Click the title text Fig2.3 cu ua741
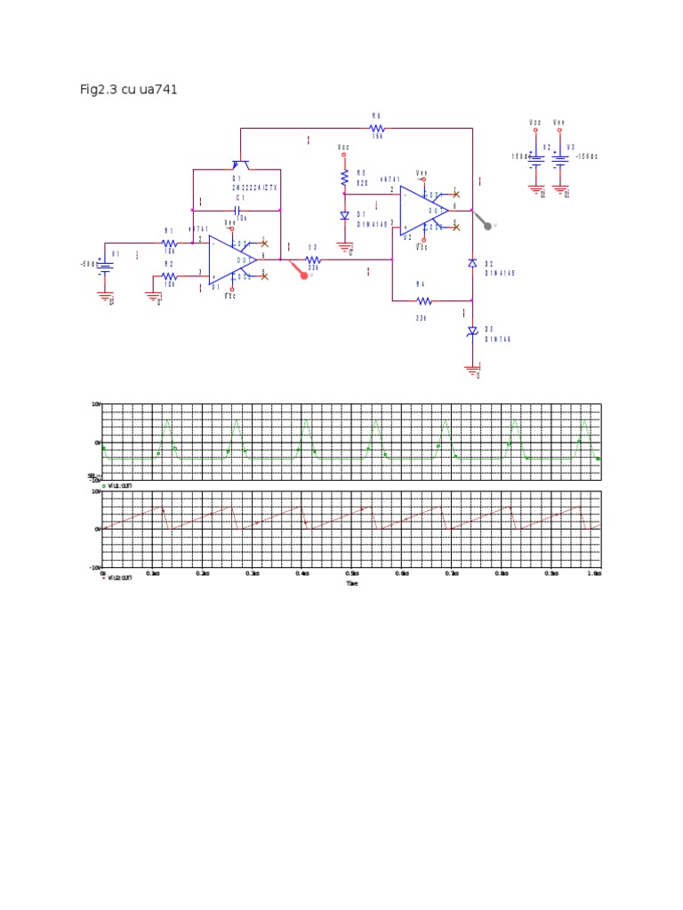(129, 90)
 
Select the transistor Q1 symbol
(240, 164)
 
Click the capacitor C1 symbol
(237, 210)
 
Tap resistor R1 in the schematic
(170, 243)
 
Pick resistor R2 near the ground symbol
(170, 276)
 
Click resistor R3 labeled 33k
(313, 259)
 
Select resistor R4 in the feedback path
(423, 301)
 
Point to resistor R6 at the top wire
(376, 129)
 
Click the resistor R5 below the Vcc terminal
(344, 179)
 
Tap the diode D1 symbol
(344, 216)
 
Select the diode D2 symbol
(472, 264)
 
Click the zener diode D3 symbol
(472, 331)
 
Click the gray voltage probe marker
(486, 226)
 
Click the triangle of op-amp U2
(423, 210)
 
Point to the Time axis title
(352, 583)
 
